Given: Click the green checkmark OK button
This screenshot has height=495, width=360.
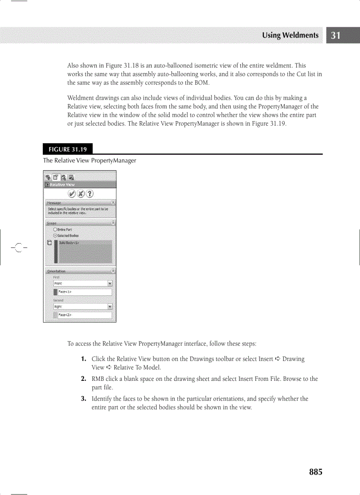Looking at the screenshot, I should (x=71, y=194).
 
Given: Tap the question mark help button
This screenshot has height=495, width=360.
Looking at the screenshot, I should (x=90, y=194).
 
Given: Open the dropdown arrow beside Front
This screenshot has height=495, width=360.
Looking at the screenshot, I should (x=110, y=283).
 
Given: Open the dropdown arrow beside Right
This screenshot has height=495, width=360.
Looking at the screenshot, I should (x=110, y=306).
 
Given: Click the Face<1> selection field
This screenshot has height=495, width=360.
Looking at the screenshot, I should (x=85, y=292).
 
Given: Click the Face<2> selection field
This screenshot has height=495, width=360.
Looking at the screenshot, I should (x=85, y=315).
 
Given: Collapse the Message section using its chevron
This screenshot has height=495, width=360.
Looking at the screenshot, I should (x=113, y=202).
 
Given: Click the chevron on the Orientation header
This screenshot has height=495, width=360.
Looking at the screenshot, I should (x=113, y=271).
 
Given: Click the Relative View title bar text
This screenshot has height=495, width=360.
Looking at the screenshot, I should (x=62, y=185).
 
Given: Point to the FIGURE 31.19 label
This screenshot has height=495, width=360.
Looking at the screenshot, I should (x=68, y=149).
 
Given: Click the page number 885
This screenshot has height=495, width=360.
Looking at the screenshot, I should (x=315, y=472).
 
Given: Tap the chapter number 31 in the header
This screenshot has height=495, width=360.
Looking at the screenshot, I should (x=336, y=36).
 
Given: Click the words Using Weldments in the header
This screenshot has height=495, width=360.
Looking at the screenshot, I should (x=290, y=35).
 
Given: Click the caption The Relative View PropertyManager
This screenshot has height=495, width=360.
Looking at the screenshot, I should (x=90, y=160).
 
